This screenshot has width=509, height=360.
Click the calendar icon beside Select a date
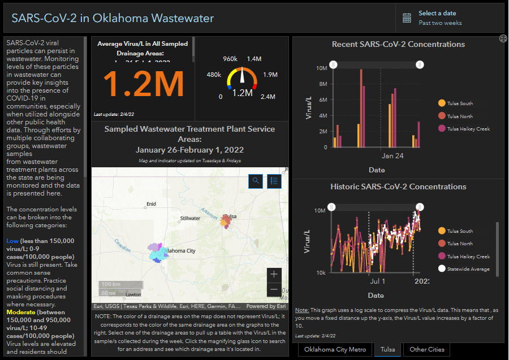click(407, 18)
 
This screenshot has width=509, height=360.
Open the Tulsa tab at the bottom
click(387, 349)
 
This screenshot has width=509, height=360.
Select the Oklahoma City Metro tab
click(335, 349)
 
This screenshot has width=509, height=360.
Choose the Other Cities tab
click(427, 349)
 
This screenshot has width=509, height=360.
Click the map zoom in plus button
click(274, 274)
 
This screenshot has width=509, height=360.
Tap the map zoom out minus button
click(274, 289)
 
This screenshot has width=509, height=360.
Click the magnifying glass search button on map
click(256, 181)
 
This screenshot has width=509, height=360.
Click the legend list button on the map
click(274, 181)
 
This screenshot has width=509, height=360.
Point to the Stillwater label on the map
click(190, 218)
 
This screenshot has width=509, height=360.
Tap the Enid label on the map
click(151, 204)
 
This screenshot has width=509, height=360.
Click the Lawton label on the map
click(133, 294)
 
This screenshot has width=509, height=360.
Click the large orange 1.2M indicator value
click(144, 84)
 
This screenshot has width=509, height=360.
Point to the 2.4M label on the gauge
click(268, 97)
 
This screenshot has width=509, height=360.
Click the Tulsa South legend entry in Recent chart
click(459, 103)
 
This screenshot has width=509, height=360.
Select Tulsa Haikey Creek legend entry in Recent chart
click(468, 129)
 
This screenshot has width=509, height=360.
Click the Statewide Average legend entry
click(468, 269)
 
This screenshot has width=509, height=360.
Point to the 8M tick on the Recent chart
click(323, 84)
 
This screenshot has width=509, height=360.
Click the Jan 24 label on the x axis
click(392, 156)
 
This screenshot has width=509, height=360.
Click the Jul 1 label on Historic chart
click(377, 281)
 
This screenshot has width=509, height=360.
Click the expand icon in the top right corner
click(503, 38)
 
